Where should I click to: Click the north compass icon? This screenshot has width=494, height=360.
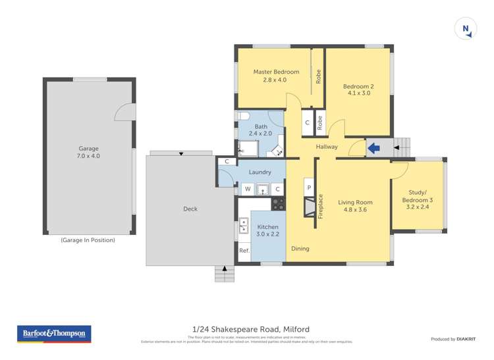pyautogui.click(x=466, y=28)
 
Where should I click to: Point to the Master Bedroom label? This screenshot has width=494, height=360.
pyautogui.click(x=276, y=75)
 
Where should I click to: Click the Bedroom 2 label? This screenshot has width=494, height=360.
pyautogui.click(x=358, y=90)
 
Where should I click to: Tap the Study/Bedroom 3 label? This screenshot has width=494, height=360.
pyautogui.click(x=418, y=199)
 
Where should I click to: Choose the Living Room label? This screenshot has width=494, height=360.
pyautogui.click(x=356, y=207)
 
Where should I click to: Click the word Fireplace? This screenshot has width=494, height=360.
pyautogui.click(x=321, y=205)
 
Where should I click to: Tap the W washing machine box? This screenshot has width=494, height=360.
pyautogui.click(x=247, y=190)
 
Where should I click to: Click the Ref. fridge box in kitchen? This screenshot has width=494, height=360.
pyautogui.click(x=244, y=251)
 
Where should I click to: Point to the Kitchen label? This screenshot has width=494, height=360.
pyautogui.click(x=267, y=230)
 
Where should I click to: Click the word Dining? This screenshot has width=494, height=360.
pyautogui.click(x=300, y=249)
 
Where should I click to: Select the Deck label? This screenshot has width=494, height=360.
pyautogui.click(x=190, y=209)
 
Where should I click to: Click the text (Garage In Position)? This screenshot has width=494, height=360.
pyautogui.click(x=88, y=240)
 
